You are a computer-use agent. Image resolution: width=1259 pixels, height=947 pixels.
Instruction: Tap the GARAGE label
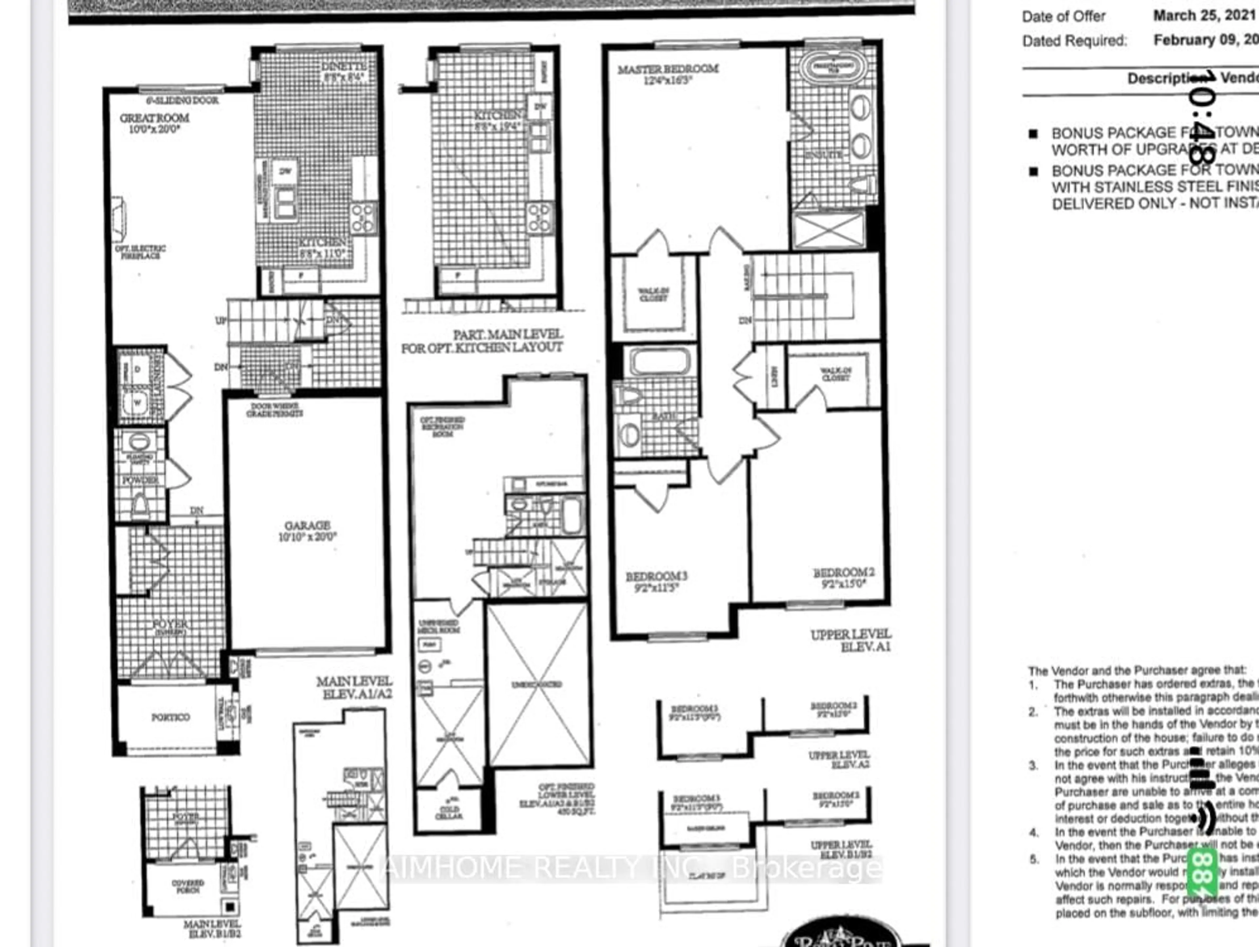click(307, 525)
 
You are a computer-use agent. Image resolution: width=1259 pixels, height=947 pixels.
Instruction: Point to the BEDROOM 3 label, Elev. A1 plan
click(656, 577)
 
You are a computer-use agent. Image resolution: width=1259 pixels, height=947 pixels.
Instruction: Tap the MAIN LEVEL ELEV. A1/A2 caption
click(354, 687)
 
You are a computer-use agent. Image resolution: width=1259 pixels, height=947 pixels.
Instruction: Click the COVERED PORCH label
click(188, 886)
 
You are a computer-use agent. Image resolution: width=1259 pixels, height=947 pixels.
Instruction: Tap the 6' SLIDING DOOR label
click(182, 101)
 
